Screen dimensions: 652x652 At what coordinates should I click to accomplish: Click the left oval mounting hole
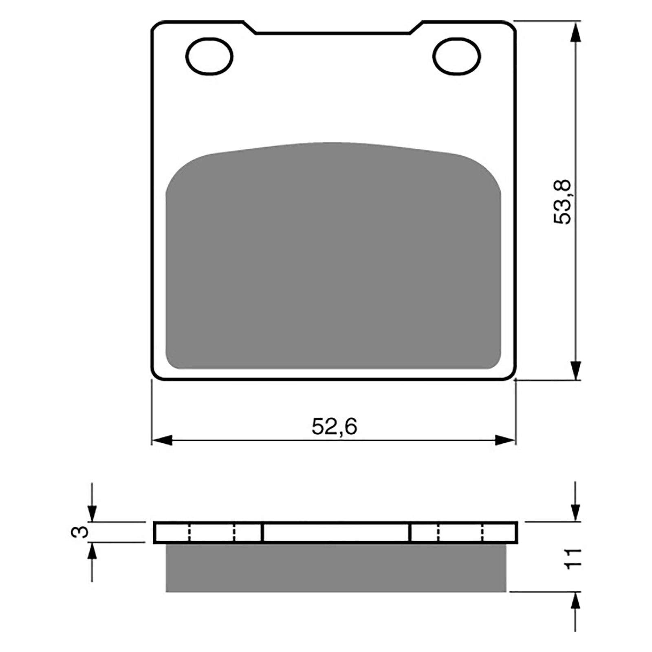(x=209, y=56)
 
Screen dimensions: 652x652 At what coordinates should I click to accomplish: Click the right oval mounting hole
(x=456, y=56)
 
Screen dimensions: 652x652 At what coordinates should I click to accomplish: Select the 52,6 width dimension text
(x=334, y=427)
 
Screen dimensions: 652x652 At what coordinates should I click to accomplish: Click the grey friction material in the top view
(x=333, y=261)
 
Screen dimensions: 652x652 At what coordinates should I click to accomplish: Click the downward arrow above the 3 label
(x=93, y=511)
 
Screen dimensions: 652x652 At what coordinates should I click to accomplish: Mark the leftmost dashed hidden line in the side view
(x=189, y=532)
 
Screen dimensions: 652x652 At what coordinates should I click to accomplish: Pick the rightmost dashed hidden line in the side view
(x=482, y=532)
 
